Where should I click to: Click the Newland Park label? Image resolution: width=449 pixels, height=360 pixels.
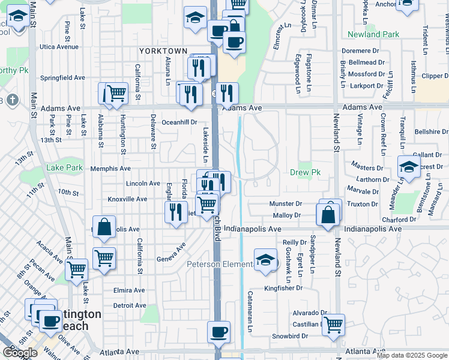click(x=373, y=34)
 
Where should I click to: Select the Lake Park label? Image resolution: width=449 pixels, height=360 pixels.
click(x=65, y=167)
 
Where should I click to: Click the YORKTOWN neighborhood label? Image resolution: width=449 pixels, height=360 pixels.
click(x=163, y=51)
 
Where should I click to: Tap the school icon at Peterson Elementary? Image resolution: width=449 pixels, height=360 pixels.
click(x=265, y=260)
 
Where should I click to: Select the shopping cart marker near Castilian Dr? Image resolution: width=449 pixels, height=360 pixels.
click(x=334, y=325)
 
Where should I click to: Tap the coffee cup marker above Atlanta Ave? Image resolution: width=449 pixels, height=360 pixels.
click(x=218, y=332)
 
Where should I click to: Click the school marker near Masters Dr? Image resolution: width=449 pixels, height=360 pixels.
click(x=409, y=167)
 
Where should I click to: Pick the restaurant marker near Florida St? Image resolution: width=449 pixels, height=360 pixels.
click(x=176, y=212)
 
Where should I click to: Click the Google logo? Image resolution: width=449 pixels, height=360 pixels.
click(x=20, y=353)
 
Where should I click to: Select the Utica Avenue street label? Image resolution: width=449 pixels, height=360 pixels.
click(x=59, y=46)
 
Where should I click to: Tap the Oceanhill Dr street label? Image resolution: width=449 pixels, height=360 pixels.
click(x=179, y=122)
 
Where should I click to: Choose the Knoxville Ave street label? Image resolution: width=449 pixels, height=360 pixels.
click(x=127, y=199)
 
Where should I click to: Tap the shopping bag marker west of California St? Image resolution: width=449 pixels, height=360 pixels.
click(x=104, y=227)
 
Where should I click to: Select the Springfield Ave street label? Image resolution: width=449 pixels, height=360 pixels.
click(x=62, y=77)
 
